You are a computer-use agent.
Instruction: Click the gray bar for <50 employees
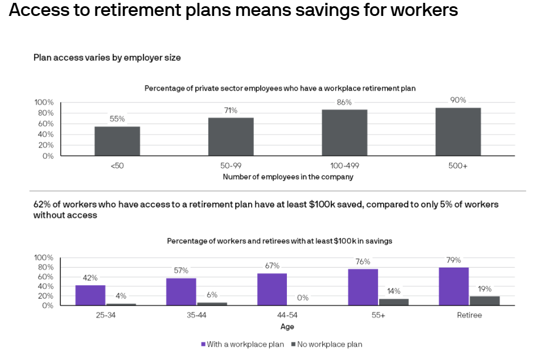117,141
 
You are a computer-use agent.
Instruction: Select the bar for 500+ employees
458,132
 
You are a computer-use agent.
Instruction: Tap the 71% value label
231,111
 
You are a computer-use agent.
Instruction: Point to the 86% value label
344,103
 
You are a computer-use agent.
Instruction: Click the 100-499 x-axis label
344,166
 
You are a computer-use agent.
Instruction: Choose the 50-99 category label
231,166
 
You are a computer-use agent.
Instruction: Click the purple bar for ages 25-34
90,295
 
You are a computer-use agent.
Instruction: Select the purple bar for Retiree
454,286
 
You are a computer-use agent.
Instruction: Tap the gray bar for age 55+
394,302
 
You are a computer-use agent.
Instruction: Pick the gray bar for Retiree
484,301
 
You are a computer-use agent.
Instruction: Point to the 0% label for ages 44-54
302,297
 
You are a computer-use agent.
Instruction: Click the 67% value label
272,266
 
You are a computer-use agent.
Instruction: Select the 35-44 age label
196,315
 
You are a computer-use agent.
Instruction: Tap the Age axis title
287,326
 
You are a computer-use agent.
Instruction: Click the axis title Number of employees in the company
287,177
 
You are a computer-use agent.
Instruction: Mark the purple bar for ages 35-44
181,292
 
